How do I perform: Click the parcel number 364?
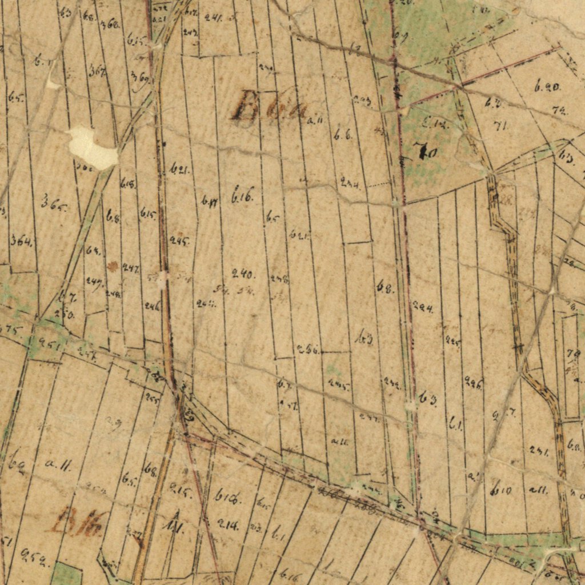coord(21,241)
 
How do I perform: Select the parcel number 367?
coord(97,70)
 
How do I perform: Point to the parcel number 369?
coord(140,77)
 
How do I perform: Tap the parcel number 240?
coord(243,273)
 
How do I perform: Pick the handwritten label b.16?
coord(242,197)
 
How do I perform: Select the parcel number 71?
coord(500,125)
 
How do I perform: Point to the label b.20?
coord(547,87)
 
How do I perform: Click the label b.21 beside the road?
coord(179,169)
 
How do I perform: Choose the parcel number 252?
coord(34,556)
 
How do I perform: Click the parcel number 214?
coord(228,526)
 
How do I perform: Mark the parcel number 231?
coord(538,451)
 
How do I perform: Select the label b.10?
coord(501,489)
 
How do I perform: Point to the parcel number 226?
coord(473,383)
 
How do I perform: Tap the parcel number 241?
coord(213,18)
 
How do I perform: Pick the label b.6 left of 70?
coord(343,135)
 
